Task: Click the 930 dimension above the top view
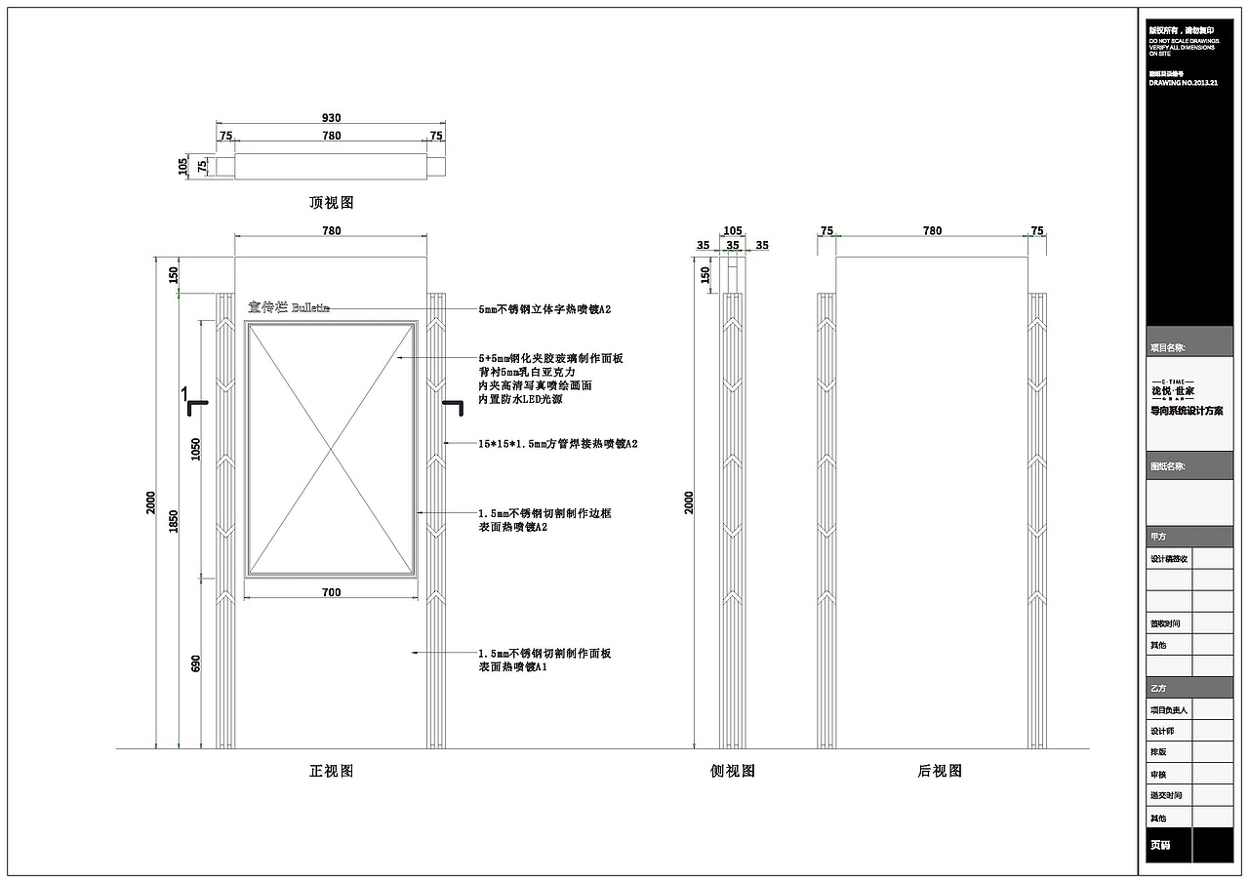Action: [332, 118]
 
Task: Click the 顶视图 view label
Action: [331, 203]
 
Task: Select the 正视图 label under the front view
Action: [331, 771]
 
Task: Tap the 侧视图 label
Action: [732, 771]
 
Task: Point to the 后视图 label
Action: [939, 771]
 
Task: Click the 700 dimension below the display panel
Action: [331, 592]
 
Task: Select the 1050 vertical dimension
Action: [195, 449]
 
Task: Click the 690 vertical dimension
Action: [195, 663]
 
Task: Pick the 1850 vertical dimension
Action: [175, 522]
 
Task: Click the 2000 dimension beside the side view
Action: [689, 502]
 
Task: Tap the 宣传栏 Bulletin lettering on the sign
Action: [288, 307]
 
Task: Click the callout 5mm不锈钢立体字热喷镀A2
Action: [544, 309]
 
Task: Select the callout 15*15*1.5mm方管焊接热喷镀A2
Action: [557, 444]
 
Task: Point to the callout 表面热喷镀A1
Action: [512, 667]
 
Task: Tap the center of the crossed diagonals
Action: [331, 450]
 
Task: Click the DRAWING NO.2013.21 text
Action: [1184, 84]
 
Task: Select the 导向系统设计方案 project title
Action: [1186, 411]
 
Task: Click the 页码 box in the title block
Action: [1158, 845]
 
